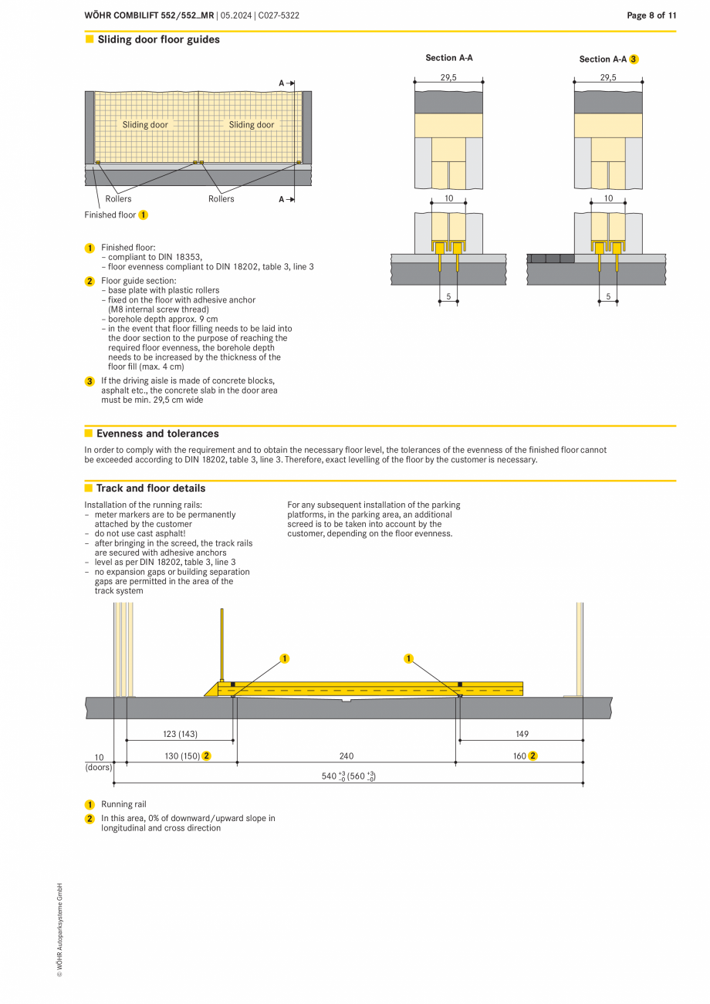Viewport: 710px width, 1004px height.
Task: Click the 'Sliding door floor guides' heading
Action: pyautogui.click(x=158, y=39)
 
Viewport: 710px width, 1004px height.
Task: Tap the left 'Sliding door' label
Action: pyautogui.click(x=145, y=124)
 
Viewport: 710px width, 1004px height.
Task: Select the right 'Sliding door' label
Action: pyautogui.click(x=252, y=124)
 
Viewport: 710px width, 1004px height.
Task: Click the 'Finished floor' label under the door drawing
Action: pyautogui.click(x=110, y=215)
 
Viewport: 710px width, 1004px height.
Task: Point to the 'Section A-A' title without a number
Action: pyautogui.click(x=449, y=58)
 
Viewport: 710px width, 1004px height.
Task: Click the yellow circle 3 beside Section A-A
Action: pyautogui.click(x=634, y=59)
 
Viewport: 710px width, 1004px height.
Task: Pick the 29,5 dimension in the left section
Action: pyautogui.click(x=448, y=77)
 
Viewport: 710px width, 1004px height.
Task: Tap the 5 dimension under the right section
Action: pyautogui.click(x=608, y=296)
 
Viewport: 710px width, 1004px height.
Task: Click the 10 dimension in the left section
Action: pyautogui.click(x=448, y=198)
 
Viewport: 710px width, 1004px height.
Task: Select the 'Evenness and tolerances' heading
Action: pyautogui.click(x=157, y=434)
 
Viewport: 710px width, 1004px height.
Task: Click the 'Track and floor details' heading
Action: pyautogui.click(x=150, y=488)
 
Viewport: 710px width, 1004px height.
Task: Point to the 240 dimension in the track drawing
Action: pyautogui.click(x=347, y=756)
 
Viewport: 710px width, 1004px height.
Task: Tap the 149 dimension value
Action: pyautogui.click(x=522, y=734)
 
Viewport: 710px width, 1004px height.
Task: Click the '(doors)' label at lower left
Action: pyautogui.click(x=98, y=767)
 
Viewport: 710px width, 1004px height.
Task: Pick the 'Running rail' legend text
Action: pyautogui.click(x=123, y=804)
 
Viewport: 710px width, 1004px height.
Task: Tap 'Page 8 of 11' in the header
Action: pyautogui.click(x=651, y=15)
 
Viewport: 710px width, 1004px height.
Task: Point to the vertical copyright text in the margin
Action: pyautogui.click(x=59, y=931)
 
